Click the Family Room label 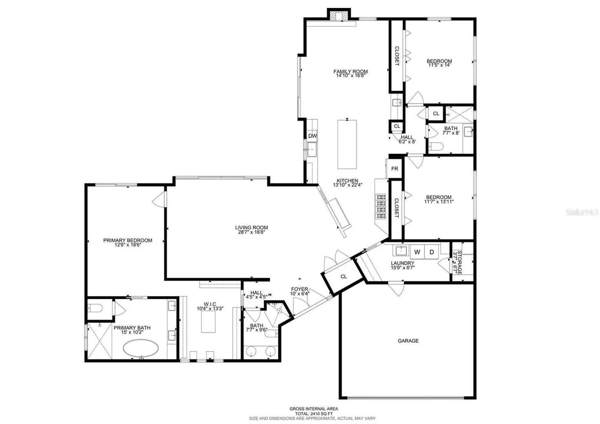coord(350,71)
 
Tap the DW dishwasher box coord(312,135)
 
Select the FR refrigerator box coord(394,168)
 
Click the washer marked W coord(417,252)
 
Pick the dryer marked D coord(432,252)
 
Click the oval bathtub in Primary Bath coord(140,348)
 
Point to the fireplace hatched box coord(339,15)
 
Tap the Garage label coord(408,341)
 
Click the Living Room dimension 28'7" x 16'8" coord(251,232)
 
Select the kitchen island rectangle coord(347,144)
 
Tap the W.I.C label coord(210,304)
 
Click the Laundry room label coord(402,263)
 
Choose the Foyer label coord(299,289)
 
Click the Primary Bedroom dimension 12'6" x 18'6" coord(128,245)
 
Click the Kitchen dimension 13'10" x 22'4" coord(347,185)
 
